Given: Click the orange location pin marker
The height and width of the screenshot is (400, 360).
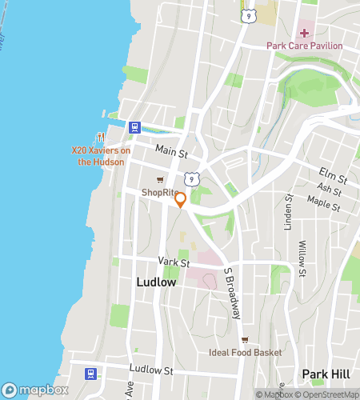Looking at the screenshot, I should [x=181, y=199].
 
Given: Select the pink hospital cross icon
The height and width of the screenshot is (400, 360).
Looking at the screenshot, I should [x=304, y=33].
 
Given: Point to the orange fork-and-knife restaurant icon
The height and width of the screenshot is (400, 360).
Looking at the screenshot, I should [x=101, y=137].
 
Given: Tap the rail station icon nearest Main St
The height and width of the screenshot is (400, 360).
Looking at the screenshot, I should [x=134, y=126].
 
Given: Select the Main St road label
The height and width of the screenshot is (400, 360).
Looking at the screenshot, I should [x=170, y=151].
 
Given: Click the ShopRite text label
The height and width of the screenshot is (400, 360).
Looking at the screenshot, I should [x=160, y=192].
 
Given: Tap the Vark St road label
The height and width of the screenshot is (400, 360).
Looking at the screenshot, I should [x=173, y=262].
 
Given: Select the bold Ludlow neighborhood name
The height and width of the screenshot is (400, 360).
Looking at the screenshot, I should [x=156, y=282].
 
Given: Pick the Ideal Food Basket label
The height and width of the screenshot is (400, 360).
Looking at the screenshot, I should [x=245, y=353].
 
